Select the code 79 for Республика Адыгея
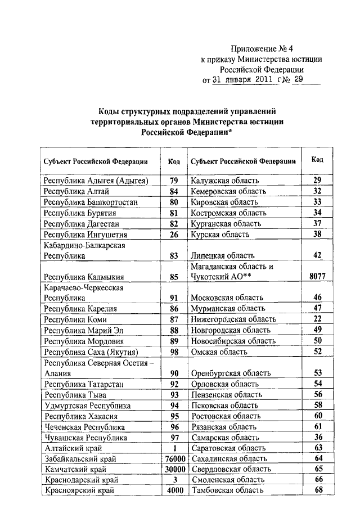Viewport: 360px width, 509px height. coord(174,181)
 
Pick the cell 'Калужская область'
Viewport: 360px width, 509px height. coord(225,181)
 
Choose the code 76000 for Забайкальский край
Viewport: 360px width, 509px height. coord(174,459)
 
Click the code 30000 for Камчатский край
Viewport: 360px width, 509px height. coord(174,469)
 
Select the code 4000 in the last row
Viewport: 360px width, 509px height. coord(174,490)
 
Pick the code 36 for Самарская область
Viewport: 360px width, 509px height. coord(317,437)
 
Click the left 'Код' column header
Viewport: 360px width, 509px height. coord(174,161)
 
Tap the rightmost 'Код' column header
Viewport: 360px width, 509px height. coord(317,160)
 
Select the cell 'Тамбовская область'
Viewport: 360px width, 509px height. coord(228,490)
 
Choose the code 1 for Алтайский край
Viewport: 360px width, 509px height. coord(174,448)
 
